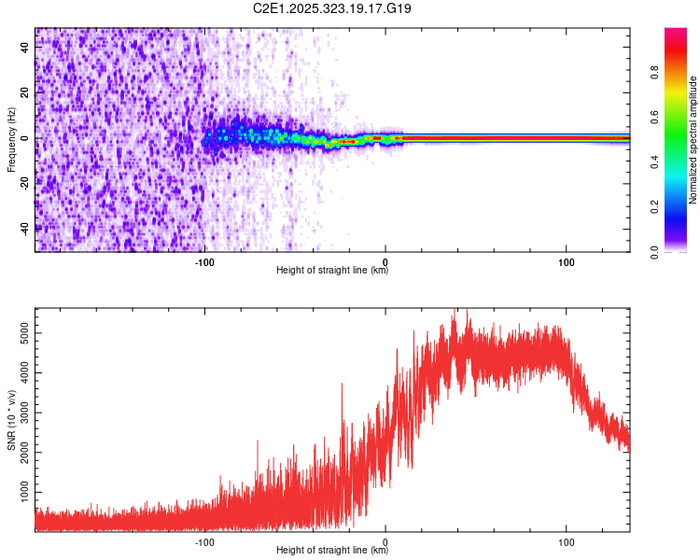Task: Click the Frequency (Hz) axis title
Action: coord(11,139)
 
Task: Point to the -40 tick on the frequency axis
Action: coord(26,227)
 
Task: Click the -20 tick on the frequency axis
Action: coord(26,182)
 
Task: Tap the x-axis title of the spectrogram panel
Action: coord(332,271)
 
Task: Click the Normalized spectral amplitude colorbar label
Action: coord(693,139)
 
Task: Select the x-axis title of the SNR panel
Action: coord(332,551)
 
